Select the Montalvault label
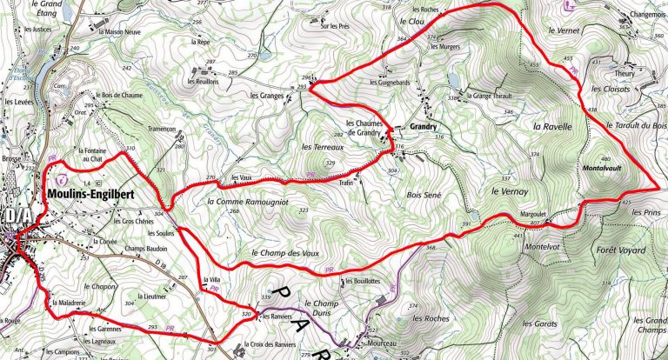pyautogui.click(x=601, y=167)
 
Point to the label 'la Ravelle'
pyautogui.click(x=552, y=127)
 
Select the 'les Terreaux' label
pyautogui.click(x=318, y=147)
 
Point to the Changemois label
pyautogui.click(x=645, y=15)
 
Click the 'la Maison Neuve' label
pyautogui.click(x=121, y=31)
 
